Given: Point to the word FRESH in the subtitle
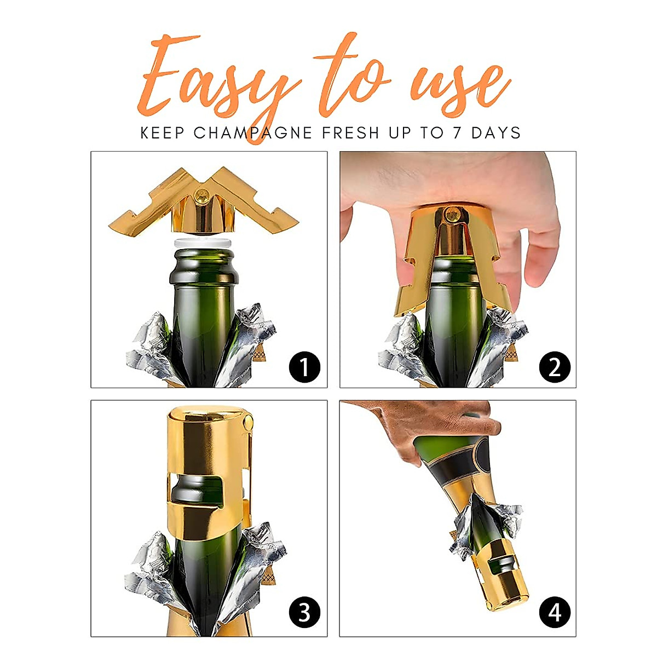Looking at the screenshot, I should pos(350,133).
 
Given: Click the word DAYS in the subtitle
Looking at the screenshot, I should pos(496,133).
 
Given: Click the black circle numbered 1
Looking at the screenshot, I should pos(304,367).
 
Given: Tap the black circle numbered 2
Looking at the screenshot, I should pos(554,367).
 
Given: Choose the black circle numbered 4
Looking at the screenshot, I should pos(554,612).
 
